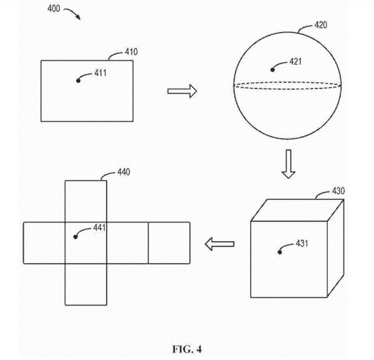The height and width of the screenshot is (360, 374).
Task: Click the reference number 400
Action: (54, 9)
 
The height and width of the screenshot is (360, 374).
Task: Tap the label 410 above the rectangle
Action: (131, 52)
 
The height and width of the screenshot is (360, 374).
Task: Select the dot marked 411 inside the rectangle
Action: (78, 81)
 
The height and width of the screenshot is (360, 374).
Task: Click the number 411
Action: (100, 73)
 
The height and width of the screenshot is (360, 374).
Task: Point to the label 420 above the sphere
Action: (321, 25)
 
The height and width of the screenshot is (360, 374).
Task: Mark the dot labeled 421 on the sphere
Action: (272, 70)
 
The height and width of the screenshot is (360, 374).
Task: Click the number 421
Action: (295, 62)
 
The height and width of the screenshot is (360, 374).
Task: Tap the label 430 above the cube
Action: (338, 191)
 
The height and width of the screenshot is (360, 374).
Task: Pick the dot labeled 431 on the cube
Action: (280, 252)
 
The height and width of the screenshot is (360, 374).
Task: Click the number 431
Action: (302, 244)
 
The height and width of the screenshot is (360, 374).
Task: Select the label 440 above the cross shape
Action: (123, 172)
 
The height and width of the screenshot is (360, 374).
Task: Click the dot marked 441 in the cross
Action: (75, 237)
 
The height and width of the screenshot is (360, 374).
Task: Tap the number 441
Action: (100, 227)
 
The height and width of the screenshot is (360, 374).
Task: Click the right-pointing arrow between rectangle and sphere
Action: (182, 91)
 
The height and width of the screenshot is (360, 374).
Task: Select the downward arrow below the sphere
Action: (289, 164)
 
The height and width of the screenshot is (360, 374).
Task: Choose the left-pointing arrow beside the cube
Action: (219, 244)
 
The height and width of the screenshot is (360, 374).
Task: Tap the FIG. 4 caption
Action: (187, 349)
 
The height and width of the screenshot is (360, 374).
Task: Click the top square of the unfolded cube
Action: (86, 201)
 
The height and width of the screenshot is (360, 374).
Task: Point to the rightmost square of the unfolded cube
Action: (169, 243)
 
